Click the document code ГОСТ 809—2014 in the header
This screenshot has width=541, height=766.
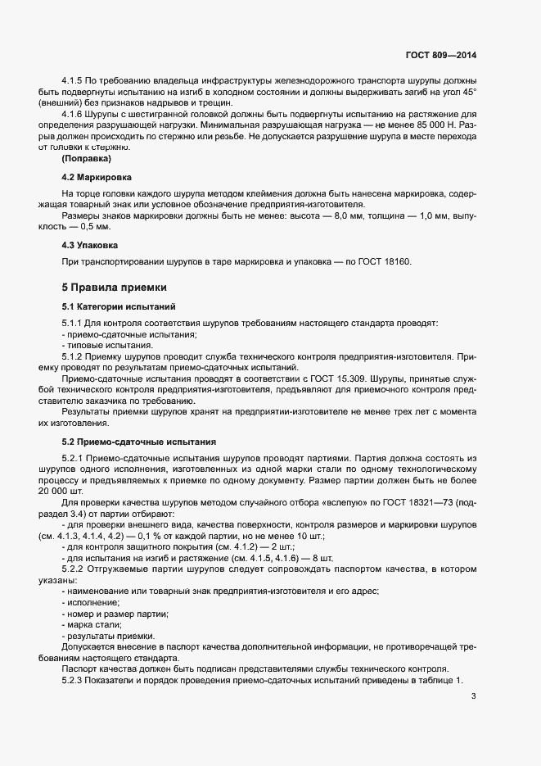[x=440, y=56]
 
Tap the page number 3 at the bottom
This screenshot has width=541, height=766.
[x=474, y=697]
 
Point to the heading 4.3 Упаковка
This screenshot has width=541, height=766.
[x=91, y=245]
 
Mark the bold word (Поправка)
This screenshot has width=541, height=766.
[x=87, y=158]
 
